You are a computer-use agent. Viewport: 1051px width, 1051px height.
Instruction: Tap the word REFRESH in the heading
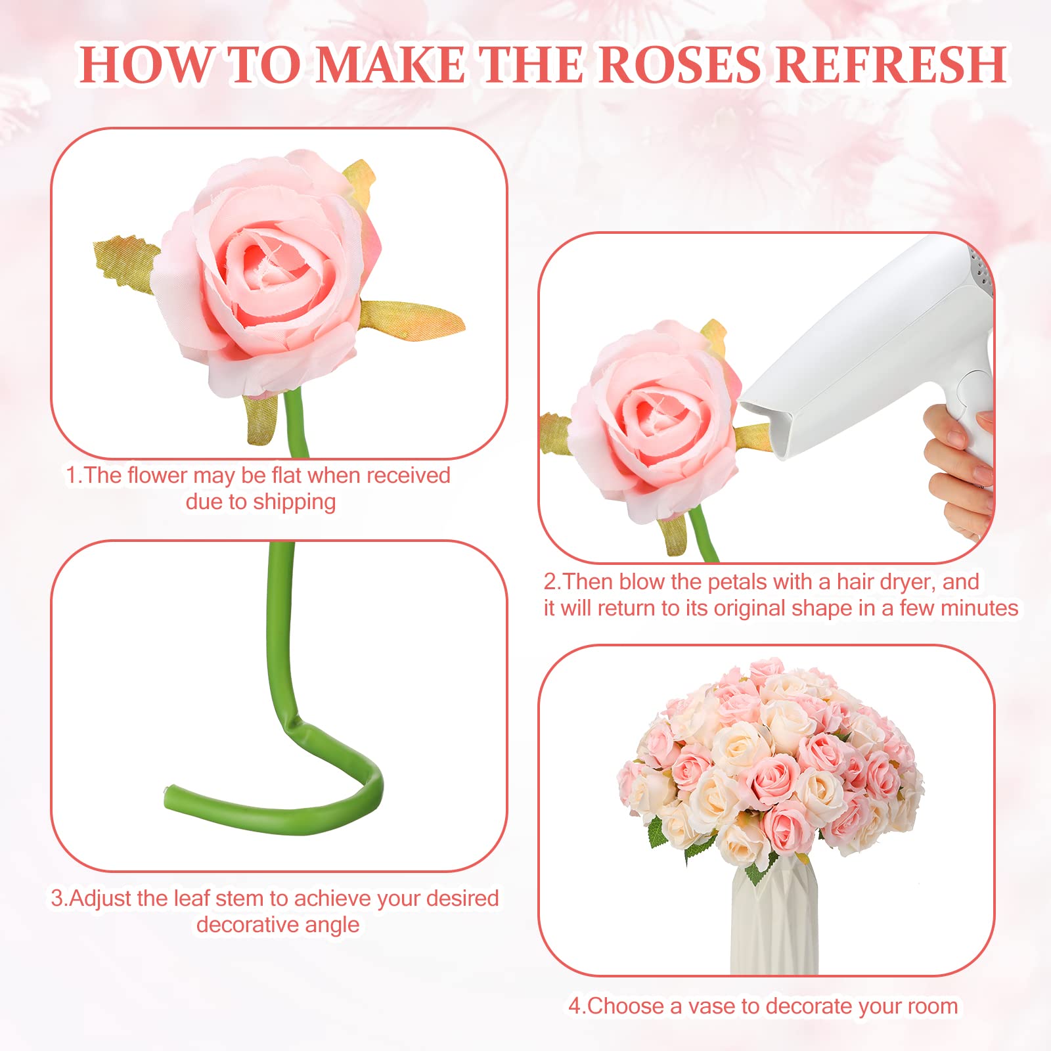click(891, 64)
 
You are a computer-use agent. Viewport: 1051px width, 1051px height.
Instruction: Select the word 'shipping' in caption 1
click(294, 502)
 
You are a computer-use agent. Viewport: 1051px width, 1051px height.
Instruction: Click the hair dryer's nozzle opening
click(762, 427)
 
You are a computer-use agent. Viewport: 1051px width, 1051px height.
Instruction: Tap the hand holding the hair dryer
click(959, 466)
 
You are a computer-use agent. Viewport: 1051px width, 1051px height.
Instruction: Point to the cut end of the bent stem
click(168, 795)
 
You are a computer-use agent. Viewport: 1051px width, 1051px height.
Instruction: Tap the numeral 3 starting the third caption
click(57, 899)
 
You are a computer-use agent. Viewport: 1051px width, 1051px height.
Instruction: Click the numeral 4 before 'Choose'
click(575, 1006)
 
